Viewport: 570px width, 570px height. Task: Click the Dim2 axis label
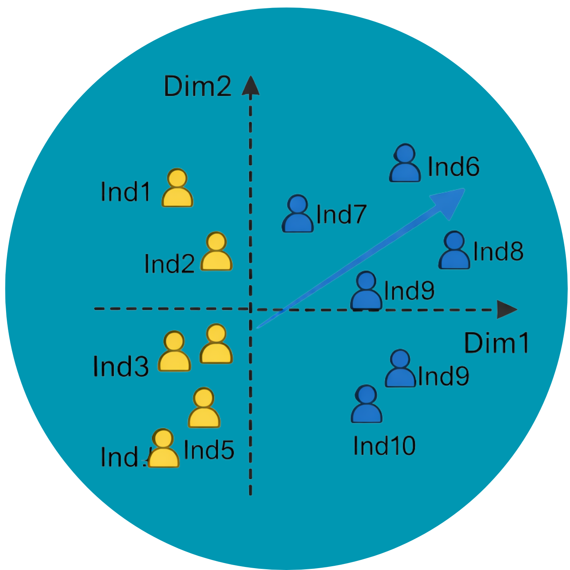coord(198,87)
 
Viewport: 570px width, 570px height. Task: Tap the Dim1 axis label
coord(497,343)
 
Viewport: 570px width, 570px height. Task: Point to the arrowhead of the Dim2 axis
coord(250,86)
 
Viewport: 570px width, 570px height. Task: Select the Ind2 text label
coord(169,264)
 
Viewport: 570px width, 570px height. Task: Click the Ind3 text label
coord(121,366)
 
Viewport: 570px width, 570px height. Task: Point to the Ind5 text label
coord(209,450)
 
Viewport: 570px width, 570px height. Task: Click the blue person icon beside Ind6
coord(405,163)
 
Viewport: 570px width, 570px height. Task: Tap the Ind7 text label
coord(341,214)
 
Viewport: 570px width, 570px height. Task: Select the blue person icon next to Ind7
coord(298,214)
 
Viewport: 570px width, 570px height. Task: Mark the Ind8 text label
coord(498,251)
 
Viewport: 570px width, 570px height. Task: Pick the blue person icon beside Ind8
coord(454,251)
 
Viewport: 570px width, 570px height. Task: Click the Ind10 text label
coord(384,445)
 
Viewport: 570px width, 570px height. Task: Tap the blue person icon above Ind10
coord(366,404)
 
